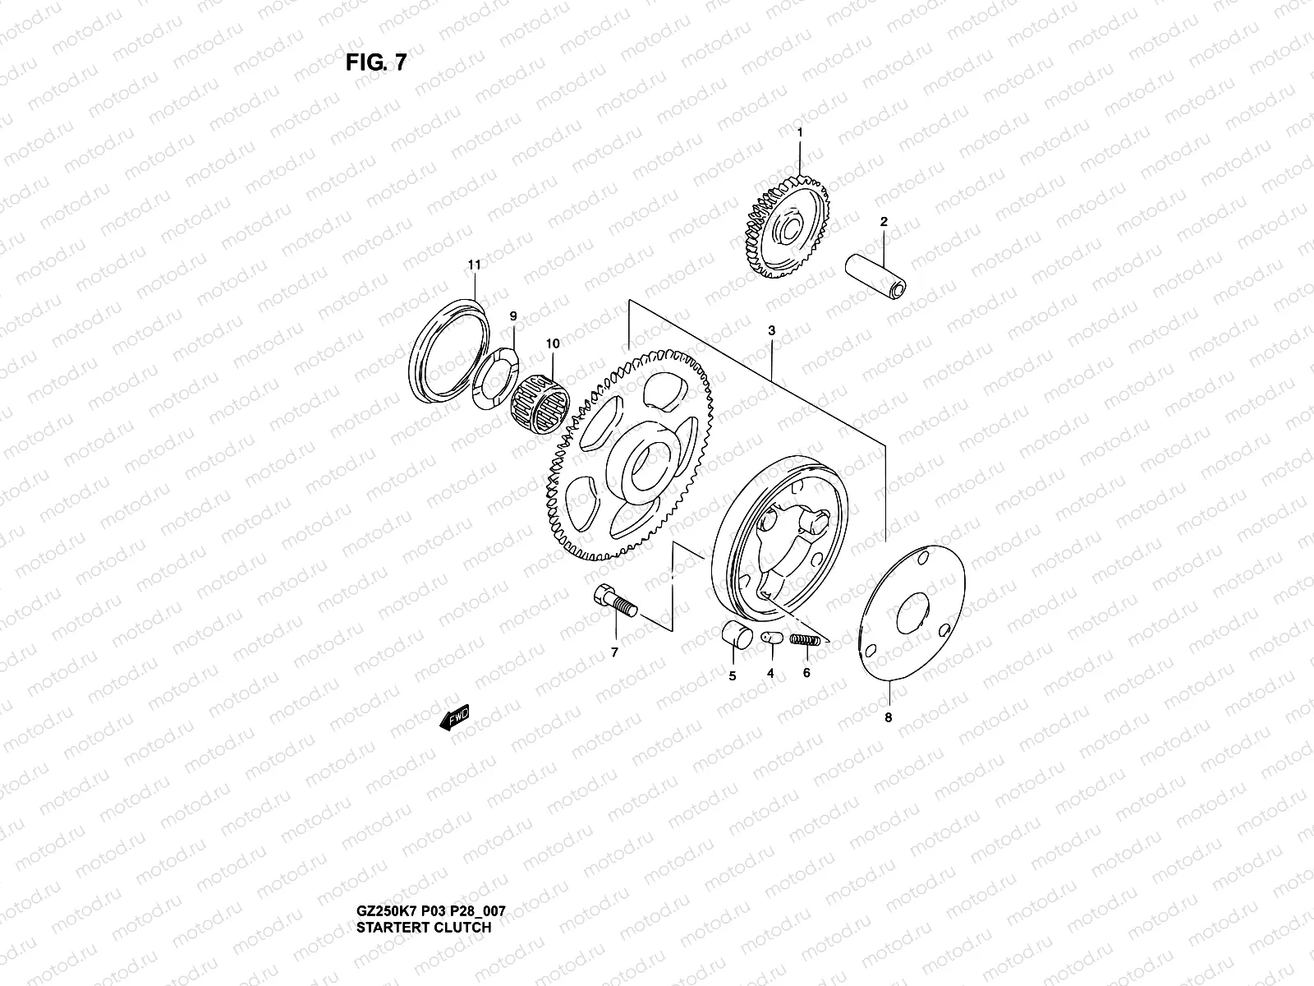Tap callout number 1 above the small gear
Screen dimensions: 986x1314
(800, 131)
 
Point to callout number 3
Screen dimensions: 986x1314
(772, 330)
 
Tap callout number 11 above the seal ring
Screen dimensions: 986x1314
(474, 265)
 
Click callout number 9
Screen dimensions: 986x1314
(513, 316)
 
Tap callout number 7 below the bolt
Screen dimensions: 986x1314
(614, 652)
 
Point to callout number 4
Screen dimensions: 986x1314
(770, 673)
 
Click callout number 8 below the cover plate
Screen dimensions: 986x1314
(888, 717)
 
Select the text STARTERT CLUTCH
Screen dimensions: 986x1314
(424, 928)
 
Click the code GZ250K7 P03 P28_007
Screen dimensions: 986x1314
(431, 912)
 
